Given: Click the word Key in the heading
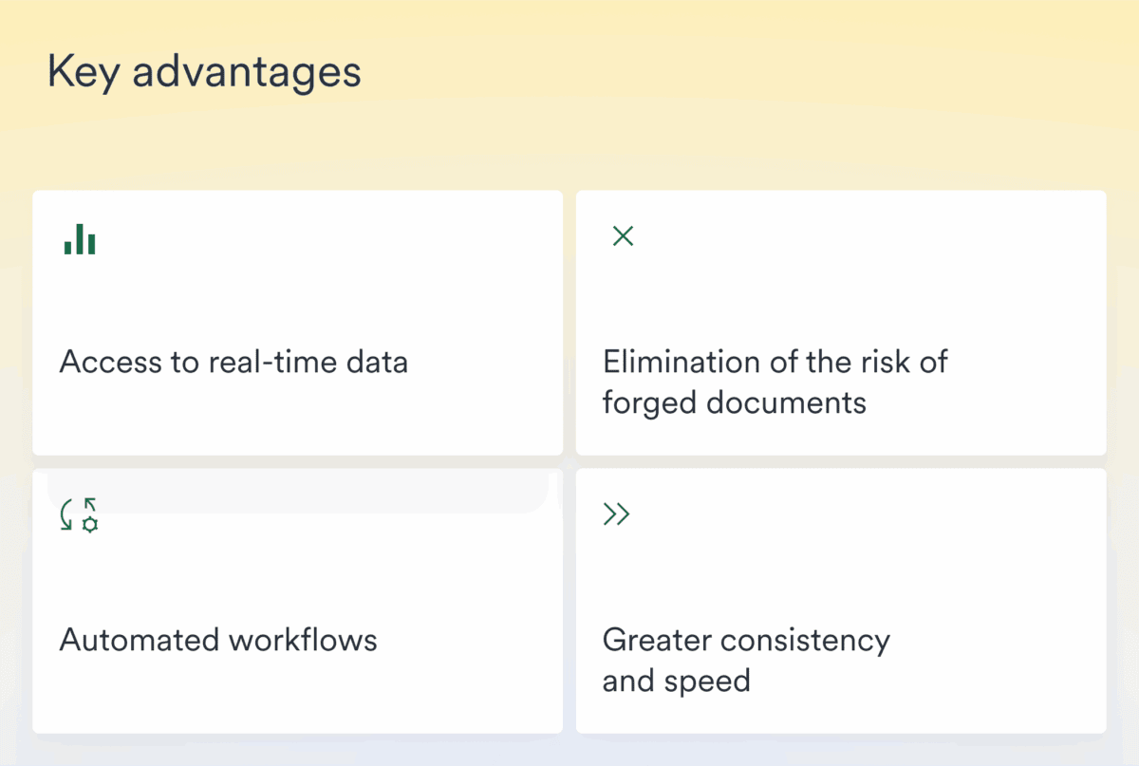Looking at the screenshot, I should tap(82, 72).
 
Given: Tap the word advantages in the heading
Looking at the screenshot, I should tap(247, 72).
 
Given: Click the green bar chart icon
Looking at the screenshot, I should tap(80, 239).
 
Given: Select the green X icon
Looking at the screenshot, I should tap(623, 236).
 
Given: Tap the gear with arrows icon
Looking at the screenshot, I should tap(80, 514).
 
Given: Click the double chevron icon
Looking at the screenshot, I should tap(617, 514).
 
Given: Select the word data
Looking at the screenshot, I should tap(378, 362).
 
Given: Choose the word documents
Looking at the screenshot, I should tap(787, 403).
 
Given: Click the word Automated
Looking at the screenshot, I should tap(140, 640).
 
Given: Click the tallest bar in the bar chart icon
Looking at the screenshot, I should tap(80, 238).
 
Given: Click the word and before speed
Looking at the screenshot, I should tap(628, 682).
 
